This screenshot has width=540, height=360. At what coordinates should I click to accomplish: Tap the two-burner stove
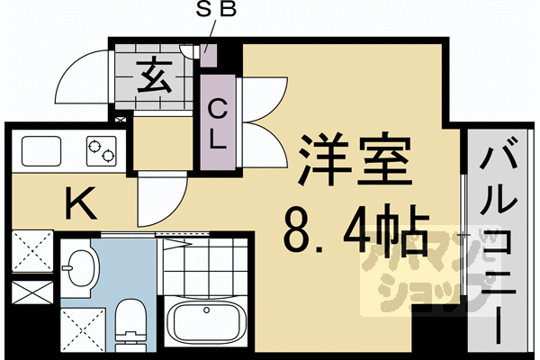pyautogui.click(x=101, y=149)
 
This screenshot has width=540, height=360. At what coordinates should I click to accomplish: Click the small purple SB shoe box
pyautogui.click(x=209, y=56)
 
